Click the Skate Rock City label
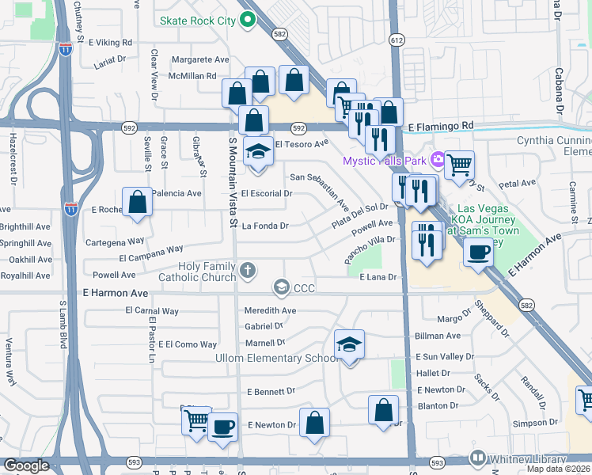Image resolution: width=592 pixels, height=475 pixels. click(x=197, y=21)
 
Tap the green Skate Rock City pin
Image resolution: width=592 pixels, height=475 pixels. click(x=247, y=20)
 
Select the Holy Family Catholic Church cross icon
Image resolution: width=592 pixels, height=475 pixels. click(x=248, y=271)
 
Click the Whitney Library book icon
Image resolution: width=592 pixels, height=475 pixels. click(x=477, y=458)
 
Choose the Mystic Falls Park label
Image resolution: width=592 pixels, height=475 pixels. click(x=384, y=161)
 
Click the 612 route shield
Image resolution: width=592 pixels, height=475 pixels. click(x=397, y=39)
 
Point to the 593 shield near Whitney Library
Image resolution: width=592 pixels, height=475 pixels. click(x=437, y=462)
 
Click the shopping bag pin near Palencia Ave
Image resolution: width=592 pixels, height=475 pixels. click(x=138, y=202)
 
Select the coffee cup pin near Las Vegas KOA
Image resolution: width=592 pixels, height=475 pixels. click(x=477, y=253)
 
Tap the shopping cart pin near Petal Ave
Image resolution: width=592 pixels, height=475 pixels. click(x=459, y=165)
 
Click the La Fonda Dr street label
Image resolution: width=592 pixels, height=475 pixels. click(x=265, y=226)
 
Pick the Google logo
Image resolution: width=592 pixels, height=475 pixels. click(x=25, y=465)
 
